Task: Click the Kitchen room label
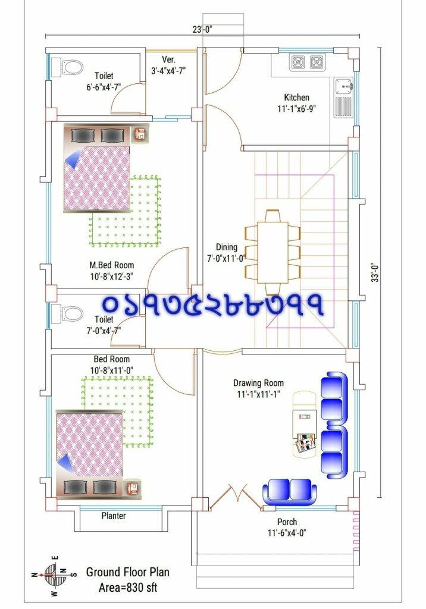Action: click(296, 98)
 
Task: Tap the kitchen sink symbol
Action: click(344, 87)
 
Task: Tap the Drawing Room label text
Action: click(258, 383)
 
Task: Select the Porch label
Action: click(287, 522)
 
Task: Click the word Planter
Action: click(113, 516)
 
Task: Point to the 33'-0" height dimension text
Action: click(375, 273)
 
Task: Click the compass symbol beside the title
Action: click(54, 575)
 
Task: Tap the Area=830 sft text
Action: click(127, 588)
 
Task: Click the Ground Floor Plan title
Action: click(127, 572)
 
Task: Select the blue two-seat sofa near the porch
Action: click(290, 490)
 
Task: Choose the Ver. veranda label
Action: click(168, 59)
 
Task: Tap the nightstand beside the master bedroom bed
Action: click(140, 134)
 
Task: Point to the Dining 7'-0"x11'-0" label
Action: click(226, 247)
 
